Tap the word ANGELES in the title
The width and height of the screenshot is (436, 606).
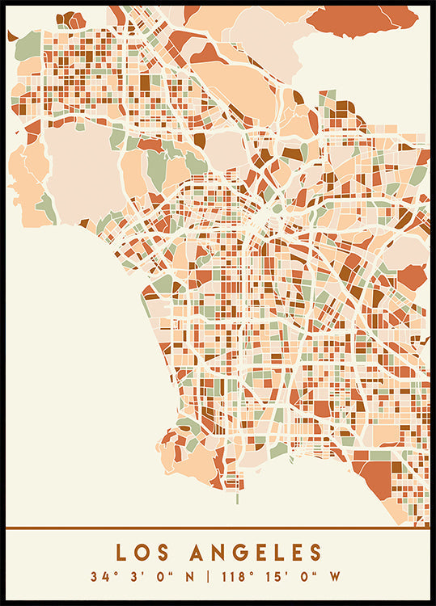tap(256, 553)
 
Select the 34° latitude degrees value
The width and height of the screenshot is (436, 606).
tap(101, 577)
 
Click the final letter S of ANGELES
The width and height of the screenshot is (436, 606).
tap(315, 553)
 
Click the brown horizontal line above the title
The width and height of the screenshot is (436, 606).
tap(218, 528)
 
